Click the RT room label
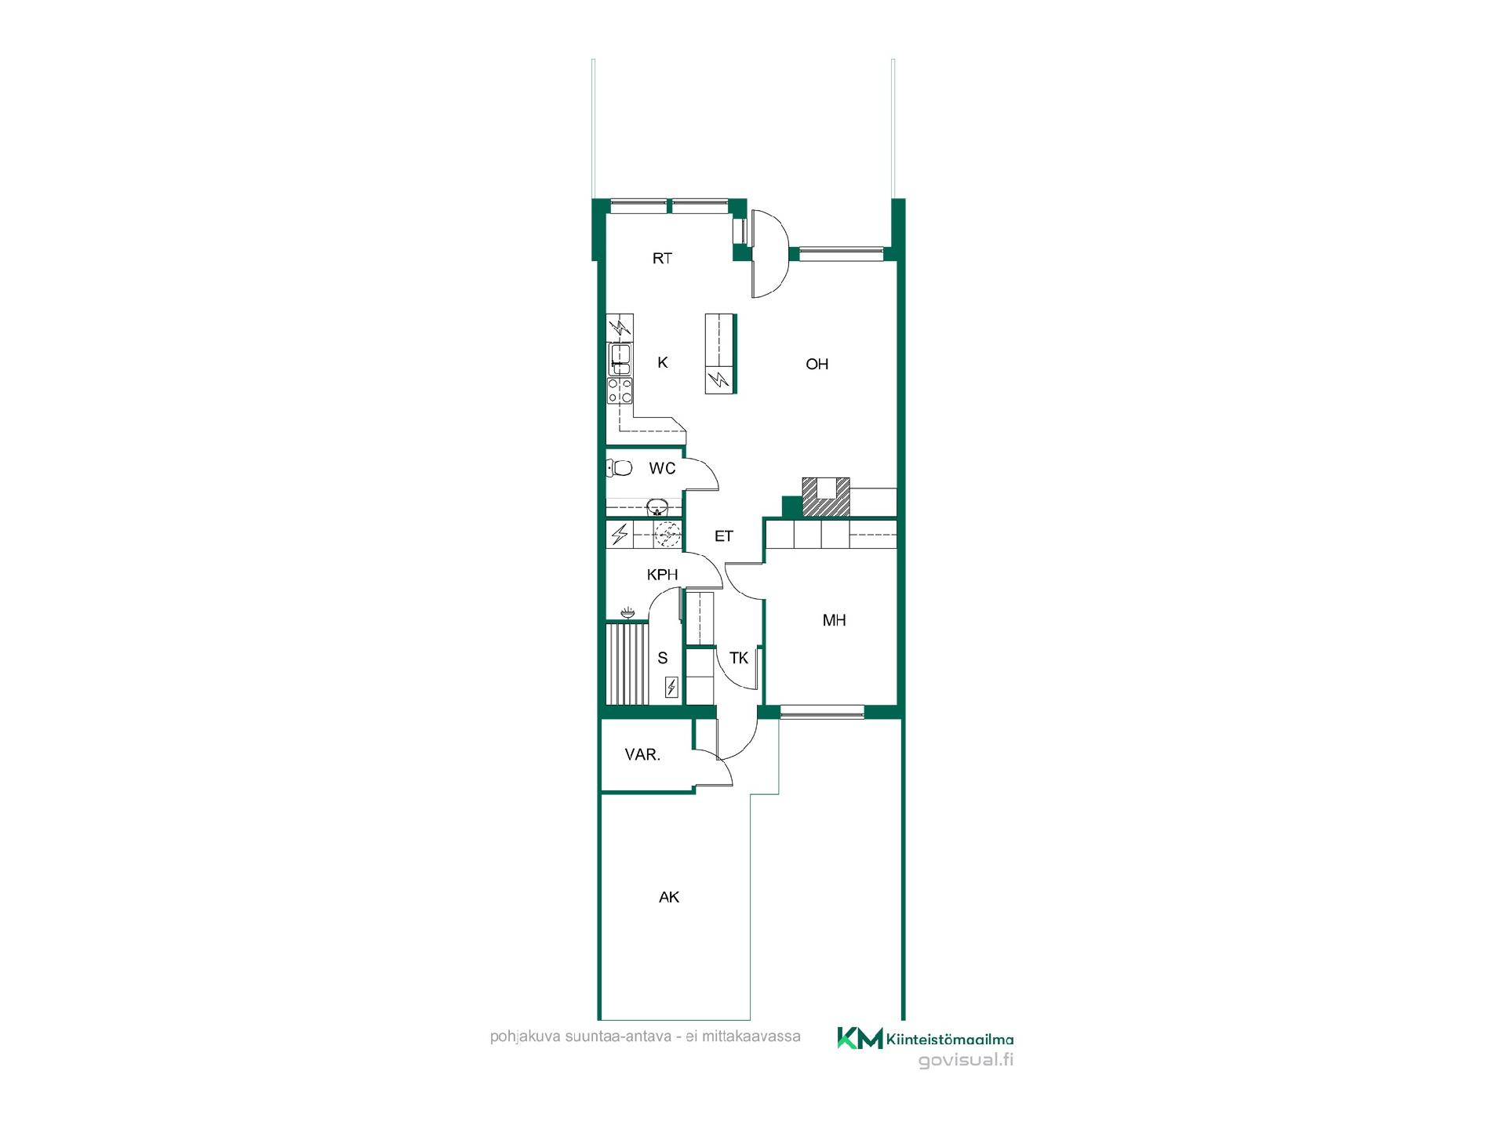click(x=662, y=258)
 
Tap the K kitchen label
click(x=663, y=362)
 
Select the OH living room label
click(x=817, y=364)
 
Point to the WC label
click(x=662, y=469)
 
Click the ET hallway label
click(x=723, y=536)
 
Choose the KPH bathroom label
click(x=662, y=575)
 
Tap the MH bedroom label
click(x=834, y=620)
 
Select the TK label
click(x=739, y=658)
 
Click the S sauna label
click(x=663, y=658)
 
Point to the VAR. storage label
click(x=642, y=755)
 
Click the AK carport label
click(x=669, y=897)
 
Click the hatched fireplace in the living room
click(x=825, y=497)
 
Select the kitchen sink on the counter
click(x=620, y=359)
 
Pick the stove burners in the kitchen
click(x=620, y=390)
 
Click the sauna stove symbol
click(x=671, y=688)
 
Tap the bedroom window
click(x=822, y=712)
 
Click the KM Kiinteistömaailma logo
click(x=926, y=1038)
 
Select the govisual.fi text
click(x=966, y=1060)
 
